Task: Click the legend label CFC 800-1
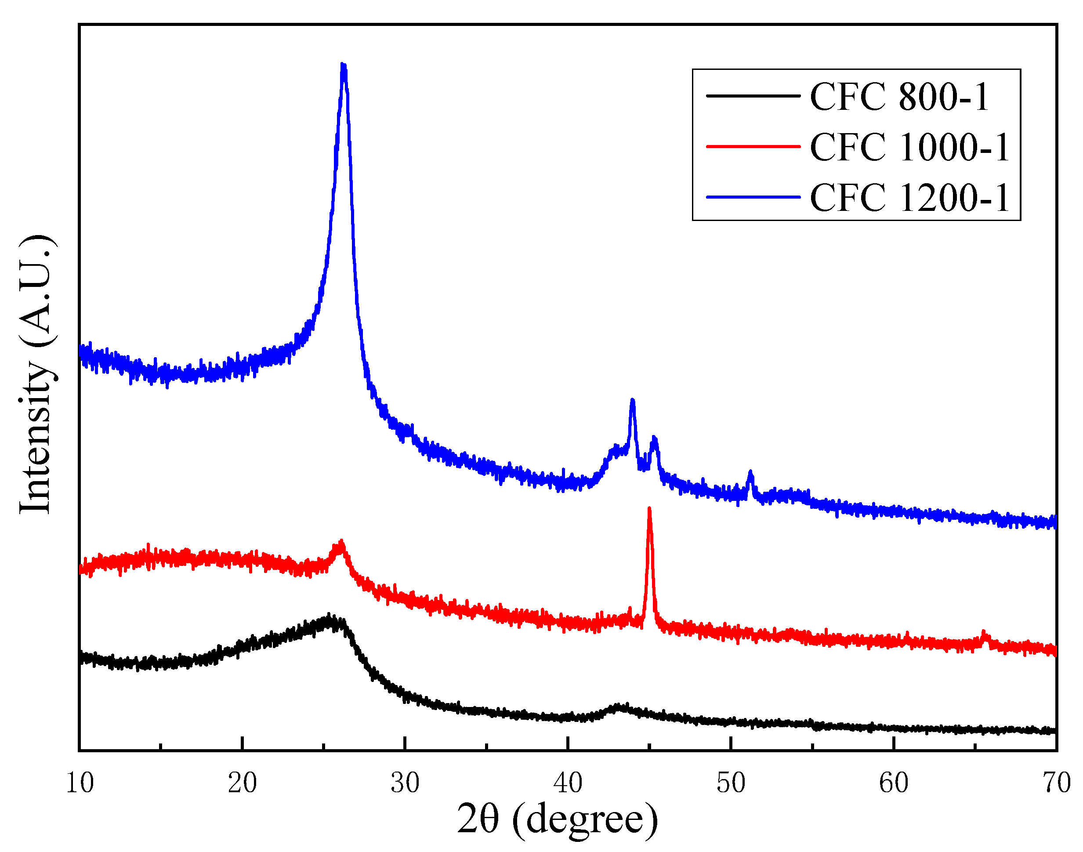pyautogui.click(x=899, y=97)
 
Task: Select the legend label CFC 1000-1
pyautogui.click(x=910, y=147)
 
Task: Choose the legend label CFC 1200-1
pyautogui.click(x=910, y=198)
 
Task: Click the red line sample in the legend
pyautogui.click(x=753, y=147)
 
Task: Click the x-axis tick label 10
pyautogui.click(x=80, y=783)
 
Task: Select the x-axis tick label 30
pyautogui.click(x=405, y=783)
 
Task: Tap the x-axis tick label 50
pyautogui.click(x=731, y=783)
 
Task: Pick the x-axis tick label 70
pyautogui.click(x=1056, y=783)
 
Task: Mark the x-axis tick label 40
pyautogui.click(x=568, y=783)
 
